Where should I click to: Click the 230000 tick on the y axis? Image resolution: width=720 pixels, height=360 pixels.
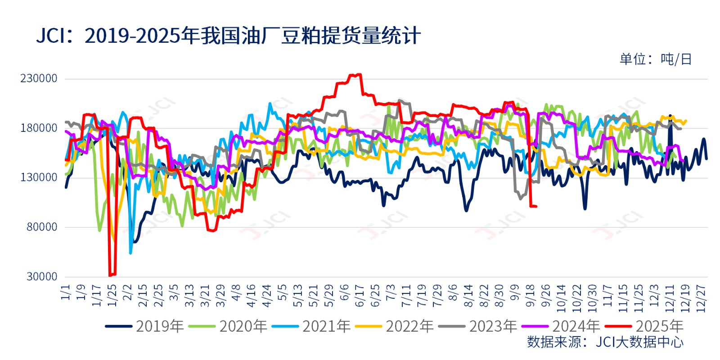click(39, 78)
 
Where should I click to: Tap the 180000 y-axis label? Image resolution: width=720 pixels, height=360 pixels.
click(39, 128)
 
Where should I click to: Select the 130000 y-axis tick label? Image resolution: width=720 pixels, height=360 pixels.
click(39, 177)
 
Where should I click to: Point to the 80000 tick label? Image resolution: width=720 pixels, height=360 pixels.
click(42, 227)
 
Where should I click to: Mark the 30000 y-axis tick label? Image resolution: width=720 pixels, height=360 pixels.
click(42, 276)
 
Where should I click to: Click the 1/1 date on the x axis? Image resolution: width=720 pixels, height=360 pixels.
click(66, 292)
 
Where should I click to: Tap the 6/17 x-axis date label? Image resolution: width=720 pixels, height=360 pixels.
click(360, 295)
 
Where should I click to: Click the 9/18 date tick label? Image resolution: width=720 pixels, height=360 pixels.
click(530, 295)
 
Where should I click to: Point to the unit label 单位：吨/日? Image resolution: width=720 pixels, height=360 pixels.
click(655, 59)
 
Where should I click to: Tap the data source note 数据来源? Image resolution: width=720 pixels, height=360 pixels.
click(605, 342)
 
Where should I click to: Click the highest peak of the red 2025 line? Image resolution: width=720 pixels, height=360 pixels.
click(359, 75)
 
